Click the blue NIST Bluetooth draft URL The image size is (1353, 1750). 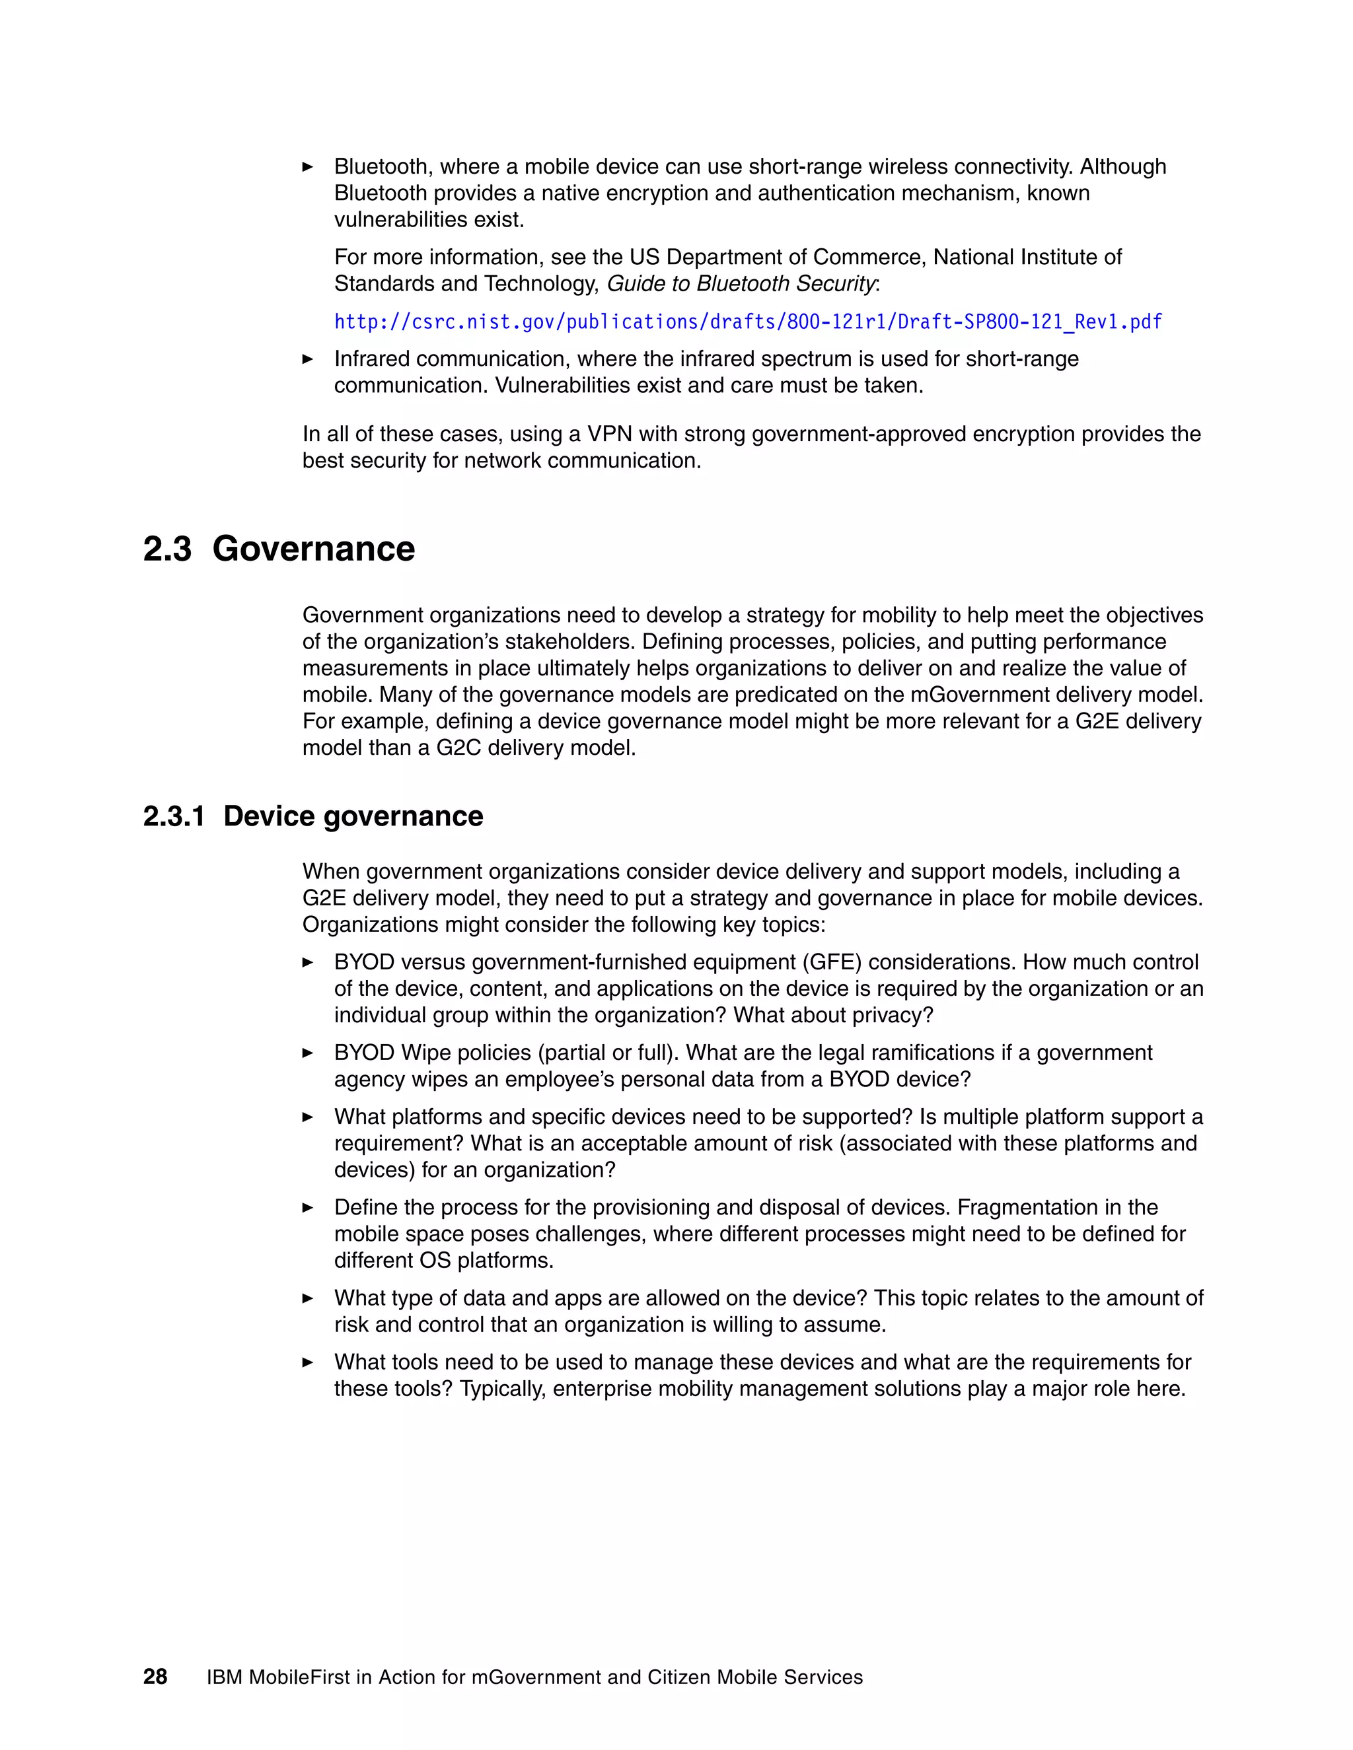pos(747,322)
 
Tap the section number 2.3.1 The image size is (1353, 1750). pos(173,816)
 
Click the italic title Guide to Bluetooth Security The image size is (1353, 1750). pos(741,284)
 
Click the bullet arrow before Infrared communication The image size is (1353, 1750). pos(308,359)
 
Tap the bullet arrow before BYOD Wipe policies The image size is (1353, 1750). pos(308,1053)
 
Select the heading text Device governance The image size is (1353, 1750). pos(353,816)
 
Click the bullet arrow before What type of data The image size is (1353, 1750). pos(308,1298)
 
